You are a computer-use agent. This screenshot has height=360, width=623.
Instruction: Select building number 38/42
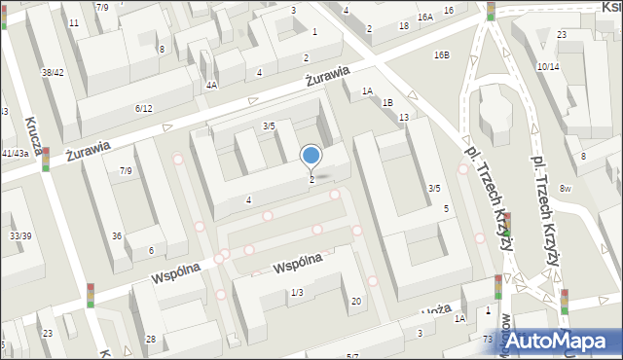pos(53,73)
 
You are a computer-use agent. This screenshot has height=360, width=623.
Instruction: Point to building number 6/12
pos(143,108)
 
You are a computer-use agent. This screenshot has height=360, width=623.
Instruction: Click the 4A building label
pos(211,85)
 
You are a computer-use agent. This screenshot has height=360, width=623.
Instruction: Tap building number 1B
pos(387,102)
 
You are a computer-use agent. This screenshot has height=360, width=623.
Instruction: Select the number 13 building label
pos(403,117)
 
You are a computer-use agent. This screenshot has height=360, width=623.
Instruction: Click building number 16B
pos(442,54)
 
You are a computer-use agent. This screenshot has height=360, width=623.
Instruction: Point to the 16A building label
pos(424,18)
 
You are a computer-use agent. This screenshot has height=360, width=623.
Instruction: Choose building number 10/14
pos(547,66)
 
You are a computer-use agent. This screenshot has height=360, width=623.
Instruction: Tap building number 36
pos(117,235)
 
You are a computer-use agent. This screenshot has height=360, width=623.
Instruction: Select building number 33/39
pos(18,236)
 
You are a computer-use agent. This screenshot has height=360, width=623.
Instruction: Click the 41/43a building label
pos(15,154)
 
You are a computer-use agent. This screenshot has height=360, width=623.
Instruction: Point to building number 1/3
pos(297,292)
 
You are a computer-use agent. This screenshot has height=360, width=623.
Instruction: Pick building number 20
pos(356,301)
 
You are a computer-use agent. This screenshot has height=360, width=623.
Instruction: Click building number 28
pos(151,339)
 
